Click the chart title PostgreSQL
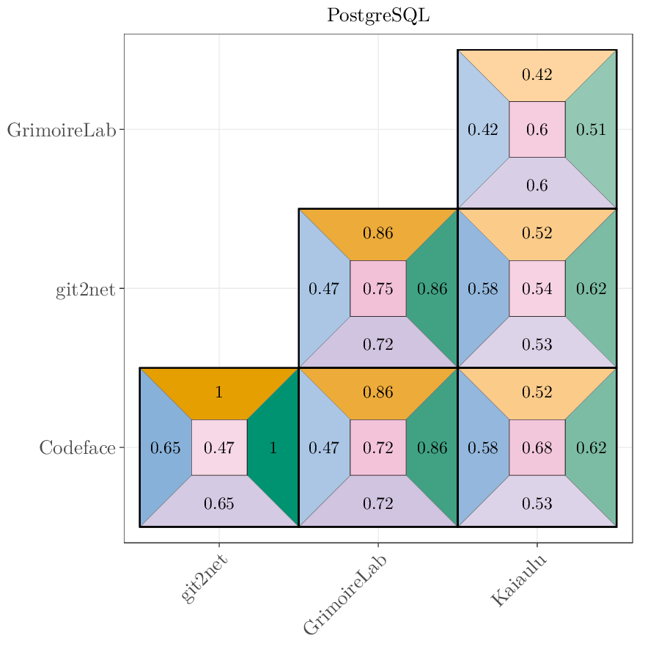pyautogui.click(x=378, y=15)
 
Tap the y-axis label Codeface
pyautogui.click(x=77, y=447)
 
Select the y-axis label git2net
pyautogui.click(x=85, y=289)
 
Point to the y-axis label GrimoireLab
pyautogui.click(x=62, y=130)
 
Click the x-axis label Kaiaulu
pyautogui.click(x=518, y=582)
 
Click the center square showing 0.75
pyautogui.click(x=378, y=288)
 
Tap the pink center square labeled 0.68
pyautogui.click(x=537, y=447)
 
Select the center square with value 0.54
pyautogui.click(x=537, y=288)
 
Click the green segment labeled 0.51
pyautogui.click(x=591, y=130)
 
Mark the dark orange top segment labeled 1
pyautogui.click(x=219, y=392)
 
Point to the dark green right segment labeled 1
pyautogui.click(x=273, y=447)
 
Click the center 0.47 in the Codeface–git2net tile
pyautogui.click(x=219, y=447)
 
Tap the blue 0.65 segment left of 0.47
pyautogui.click(x=165, y=447)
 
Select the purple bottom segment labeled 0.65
pyautogui.click(x=219, y=503)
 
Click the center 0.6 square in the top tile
pyautogui.click(x=537, y=130)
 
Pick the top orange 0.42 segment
pyautogui.click(x=537, y=74)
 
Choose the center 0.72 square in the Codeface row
pyautogui.click(x=378, y=447)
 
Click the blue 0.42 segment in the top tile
pyautogui.click(x=483, y=130)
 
